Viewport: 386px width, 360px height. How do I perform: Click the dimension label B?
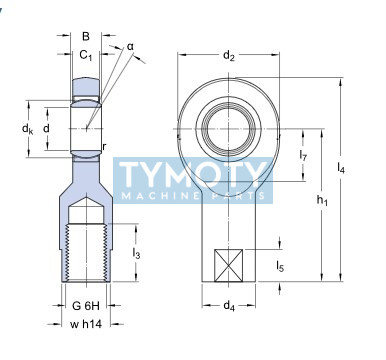click(x=86, y=36)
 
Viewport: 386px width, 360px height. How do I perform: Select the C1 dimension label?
click(x=86, y=55)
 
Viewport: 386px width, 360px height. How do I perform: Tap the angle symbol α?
click(x=130, y=47)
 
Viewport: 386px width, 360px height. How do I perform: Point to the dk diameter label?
click(x=27, y=128)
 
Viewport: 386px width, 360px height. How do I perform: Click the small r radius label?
click(x=104, y=146)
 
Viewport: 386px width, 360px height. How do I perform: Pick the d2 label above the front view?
click(x=229, y=55)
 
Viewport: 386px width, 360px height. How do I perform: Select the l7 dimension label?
click(x=303, y=155)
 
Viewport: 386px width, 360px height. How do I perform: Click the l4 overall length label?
click(x=341, y=168)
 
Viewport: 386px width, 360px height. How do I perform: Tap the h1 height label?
click(x=322, y=200)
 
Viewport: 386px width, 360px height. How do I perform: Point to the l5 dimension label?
click(x=280, y=266)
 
